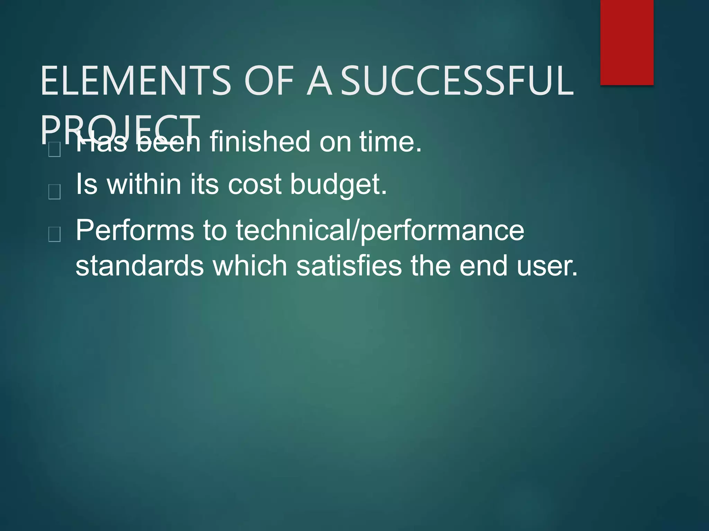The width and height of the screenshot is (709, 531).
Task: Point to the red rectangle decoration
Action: coord(627,42)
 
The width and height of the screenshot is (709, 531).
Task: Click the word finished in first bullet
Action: coord(260,141)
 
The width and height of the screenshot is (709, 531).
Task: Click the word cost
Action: coord(254,185)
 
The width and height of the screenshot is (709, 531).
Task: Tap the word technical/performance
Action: coord(380,231)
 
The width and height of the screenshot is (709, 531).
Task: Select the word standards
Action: coord(140,266)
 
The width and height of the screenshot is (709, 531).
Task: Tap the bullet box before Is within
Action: coord(55,192)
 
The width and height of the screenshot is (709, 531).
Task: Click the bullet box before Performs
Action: coord(55,234)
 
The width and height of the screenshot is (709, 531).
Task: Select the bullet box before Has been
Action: coord(55,150)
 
